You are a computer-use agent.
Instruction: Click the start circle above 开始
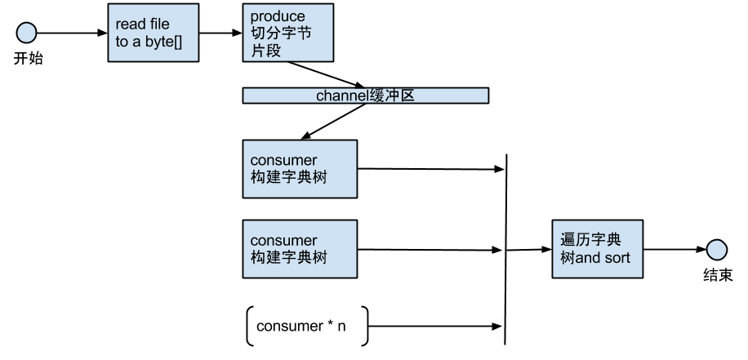pyautogui.click(x=27, y=33)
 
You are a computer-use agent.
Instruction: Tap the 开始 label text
pyautogui.click(x=28, y=59)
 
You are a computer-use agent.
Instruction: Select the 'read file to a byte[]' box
pyautogui.click(x=154, y=33)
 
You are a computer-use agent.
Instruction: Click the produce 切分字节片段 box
pyautogui.click(x=288, y=33)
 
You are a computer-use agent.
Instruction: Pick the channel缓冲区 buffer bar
pyautogui.click(x=365, y=96)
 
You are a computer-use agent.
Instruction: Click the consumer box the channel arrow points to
pyautogui.click(x=300, y=169)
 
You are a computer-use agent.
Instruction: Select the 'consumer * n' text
pyautogui.click(x=301, y=327)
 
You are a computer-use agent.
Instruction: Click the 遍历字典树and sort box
pyautogui.click(x=597, y=249)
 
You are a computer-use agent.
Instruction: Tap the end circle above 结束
pyautogui.click(x=716, y=249)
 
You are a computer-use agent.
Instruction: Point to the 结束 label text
pyautogui.click(x=718, y=275)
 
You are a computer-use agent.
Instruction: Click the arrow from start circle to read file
pyautogui.click(x=72, y=33)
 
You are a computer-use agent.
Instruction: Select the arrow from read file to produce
pyautogui.click(x=220, y=33)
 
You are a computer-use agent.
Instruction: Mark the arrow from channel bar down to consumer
pyautogui.click(x=333, y=122)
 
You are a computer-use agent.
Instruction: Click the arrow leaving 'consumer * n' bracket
pyautogui.click(x=435, y=327)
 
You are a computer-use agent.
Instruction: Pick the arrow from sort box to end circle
pyautogui.click(x=675, y=249)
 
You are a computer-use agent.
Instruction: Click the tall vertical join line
pyautogui.click(x=505, y=249)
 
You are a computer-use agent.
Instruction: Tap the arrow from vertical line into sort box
pyautogui.click(x=529, y=249)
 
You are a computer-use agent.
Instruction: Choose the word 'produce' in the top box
pyautogui.click(x=278, y=16)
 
